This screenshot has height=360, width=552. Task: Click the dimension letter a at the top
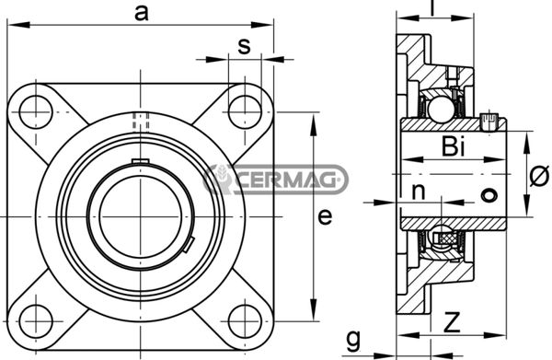[142, 14]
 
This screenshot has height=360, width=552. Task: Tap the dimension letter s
[244, 46]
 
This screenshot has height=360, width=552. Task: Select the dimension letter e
[325, 216]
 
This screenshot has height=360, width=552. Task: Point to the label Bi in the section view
[454, 146]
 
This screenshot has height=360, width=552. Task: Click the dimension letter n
[419, 192]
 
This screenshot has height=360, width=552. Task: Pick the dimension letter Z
[452, 322]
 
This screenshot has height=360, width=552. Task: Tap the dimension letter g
[353, 340]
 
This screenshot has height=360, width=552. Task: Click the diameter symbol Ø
[539, 175]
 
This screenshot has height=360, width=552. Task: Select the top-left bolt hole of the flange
[36, 112]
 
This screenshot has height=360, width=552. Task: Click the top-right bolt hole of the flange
[245, 112]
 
